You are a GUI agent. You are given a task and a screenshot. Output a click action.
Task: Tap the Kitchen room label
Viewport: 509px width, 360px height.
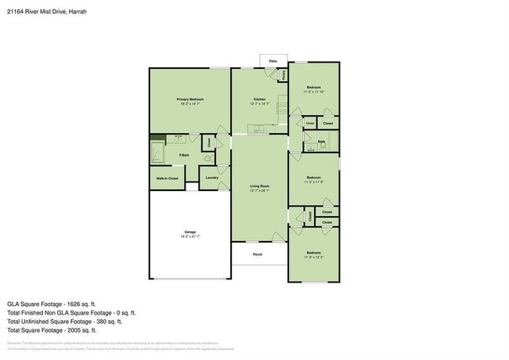[260, 99]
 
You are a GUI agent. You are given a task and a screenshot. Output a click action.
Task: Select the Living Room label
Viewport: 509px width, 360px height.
[260, 186]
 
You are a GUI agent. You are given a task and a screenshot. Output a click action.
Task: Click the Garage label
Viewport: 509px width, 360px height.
[190, 232]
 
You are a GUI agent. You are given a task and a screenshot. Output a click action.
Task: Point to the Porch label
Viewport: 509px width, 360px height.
[258, 254]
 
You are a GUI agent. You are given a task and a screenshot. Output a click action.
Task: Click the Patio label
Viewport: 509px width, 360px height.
[273, 60]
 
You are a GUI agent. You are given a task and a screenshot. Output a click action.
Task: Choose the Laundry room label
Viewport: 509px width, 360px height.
[211, 178]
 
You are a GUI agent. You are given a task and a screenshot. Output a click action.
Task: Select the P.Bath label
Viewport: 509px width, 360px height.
[183, 154]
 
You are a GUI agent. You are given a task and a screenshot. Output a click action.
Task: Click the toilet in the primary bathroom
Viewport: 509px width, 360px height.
[208, 159]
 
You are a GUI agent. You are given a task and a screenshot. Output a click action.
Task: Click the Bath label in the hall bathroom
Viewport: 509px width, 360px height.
[321, 142]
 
